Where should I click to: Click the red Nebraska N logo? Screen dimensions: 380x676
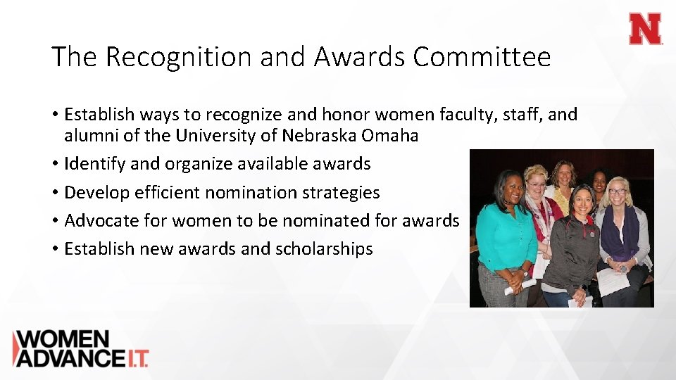[645, 29]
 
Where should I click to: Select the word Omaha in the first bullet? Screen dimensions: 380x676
[392, 136]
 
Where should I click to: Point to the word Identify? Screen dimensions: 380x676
[95, 164]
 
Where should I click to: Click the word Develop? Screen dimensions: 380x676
[96, 193]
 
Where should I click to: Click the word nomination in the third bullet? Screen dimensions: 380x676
[268, 193]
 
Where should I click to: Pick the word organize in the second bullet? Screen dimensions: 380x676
[197, 164]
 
